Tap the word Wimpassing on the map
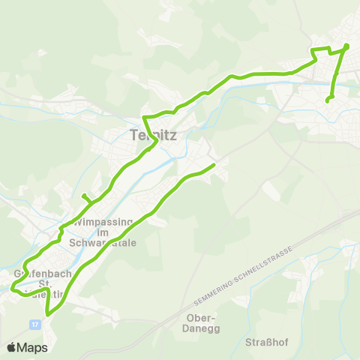point(104,222)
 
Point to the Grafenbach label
point(42,274)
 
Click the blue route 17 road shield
point(35,324)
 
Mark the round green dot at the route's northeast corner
point(346,47)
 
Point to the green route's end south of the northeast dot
point(328,100)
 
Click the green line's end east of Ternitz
point(214,164)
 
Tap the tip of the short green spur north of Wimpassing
point(84,196)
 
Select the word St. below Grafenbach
point(43,284)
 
